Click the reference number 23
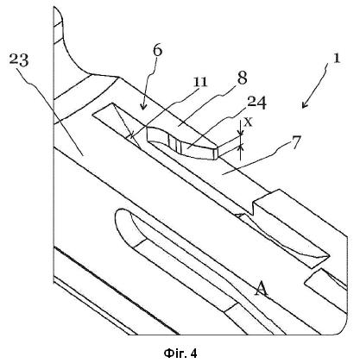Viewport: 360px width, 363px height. [19, 60]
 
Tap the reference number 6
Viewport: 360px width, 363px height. [157, 51]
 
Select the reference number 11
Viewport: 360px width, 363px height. [200, 83]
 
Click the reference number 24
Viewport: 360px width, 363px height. [256, 103]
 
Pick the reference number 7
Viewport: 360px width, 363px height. [296, 143]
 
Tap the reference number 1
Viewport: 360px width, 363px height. [337, 58]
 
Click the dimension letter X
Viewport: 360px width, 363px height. [249, 122]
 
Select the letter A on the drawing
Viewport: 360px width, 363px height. [262, 289]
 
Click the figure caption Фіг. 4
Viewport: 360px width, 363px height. [180, 353]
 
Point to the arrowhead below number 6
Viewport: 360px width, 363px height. [143, 107]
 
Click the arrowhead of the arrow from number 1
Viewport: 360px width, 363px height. [305, 105]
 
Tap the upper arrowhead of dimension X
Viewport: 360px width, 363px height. [241, 133]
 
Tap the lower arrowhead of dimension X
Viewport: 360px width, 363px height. [241, 147]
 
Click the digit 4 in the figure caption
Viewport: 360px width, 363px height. [193, 354]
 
